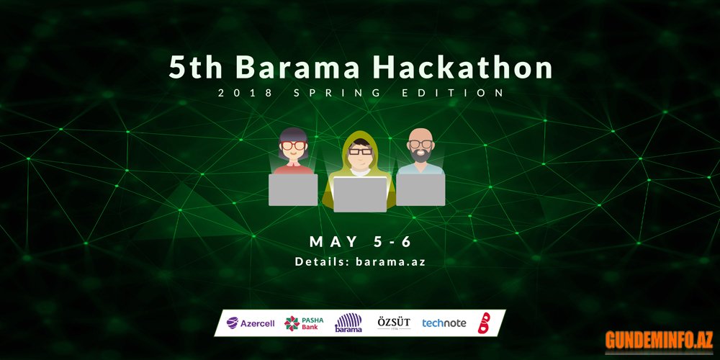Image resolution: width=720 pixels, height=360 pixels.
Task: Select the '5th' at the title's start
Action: pos(196,68)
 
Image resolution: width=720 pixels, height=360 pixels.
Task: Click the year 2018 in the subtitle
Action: pos(246,93)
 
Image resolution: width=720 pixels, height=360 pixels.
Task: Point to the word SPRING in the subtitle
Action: pos(337,93)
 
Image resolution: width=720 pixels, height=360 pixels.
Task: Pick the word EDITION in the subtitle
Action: pos(453,93)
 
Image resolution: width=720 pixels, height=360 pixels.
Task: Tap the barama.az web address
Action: pos(390,262)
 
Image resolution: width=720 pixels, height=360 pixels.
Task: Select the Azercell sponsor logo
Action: pos(251,323)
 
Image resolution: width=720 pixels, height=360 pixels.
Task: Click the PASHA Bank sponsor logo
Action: pos(304,323)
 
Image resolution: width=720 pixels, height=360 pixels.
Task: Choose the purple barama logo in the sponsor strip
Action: pos(348,323)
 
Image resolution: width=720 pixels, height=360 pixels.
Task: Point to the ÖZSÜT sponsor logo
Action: pos(394,323)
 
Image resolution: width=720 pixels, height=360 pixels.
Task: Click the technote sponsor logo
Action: pos(444,323)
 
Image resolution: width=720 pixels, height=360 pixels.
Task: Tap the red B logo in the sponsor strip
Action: pos(484,323)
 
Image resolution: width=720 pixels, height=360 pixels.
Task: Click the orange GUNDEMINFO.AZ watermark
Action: pos(659,341)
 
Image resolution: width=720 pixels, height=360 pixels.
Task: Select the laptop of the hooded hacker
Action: pos(360,194)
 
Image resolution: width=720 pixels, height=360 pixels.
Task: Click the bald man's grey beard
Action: pos(420,156)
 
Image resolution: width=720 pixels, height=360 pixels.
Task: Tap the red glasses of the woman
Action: pos(294,145)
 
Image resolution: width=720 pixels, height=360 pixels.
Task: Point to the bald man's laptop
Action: pos(420,189)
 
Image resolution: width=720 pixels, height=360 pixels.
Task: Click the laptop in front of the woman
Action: pos(293,189)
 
